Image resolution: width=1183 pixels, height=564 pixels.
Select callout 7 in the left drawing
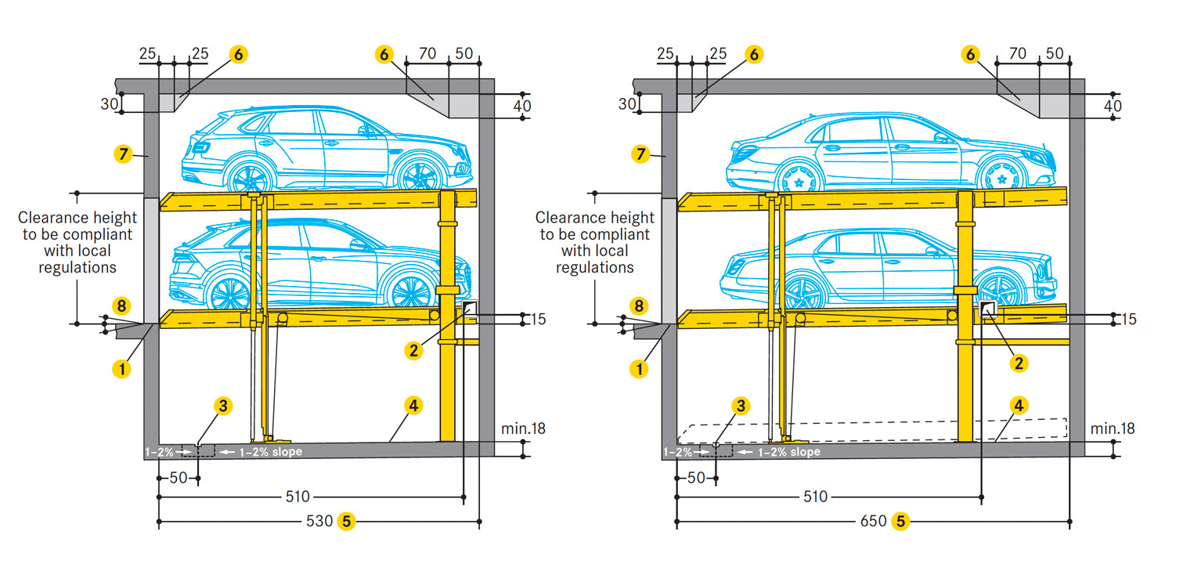[x=123, y=154]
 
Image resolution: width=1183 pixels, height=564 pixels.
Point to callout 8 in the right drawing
[x=640, y=305]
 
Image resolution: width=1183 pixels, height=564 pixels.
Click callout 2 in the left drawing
[x=415, y=350]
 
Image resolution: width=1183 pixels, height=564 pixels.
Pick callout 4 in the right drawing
[x=1019, y=405]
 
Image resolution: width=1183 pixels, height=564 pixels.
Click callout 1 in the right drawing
[x=640, y=367]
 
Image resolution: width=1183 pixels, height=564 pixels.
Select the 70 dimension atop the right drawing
[x=1018, y=54]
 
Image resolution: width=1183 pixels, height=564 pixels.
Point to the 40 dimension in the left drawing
[x=521, y=106]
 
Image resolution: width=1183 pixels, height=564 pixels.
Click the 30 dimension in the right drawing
[x=626, y=103]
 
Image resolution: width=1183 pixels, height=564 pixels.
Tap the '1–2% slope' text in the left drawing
[x=270, y=452]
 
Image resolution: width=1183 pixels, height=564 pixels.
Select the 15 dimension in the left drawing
[x=537, y=319]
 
